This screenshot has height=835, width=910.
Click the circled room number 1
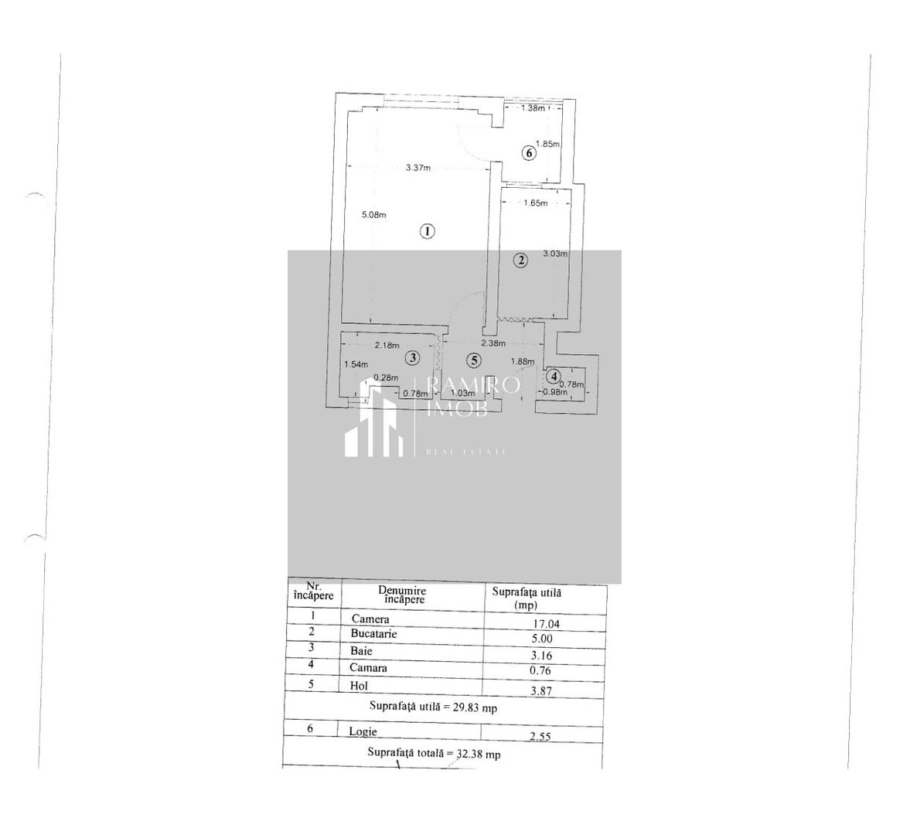427,230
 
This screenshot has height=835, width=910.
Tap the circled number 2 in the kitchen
521,261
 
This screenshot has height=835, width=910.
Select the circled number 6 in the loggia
529,153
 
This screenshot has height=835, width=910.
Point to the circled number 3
413,358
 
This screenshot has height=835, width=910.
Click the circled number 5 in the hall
474,360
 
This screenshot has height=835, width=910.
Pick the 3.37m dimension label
418,168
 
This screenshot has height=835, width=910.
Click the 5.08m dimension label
374,215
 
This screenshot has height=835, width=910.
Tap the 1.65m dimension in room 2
535,203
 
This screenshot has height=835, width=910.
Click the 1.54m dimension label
356,364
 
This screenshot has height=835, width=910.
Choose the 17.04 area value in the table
546,623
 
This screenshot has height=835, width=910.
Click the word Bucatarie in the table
373,634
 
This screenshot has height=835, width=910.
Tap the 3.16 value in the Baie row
543,656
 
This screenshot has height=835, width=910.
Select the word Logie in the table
363,731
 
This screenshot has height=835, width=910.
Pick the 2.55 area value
540,737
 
